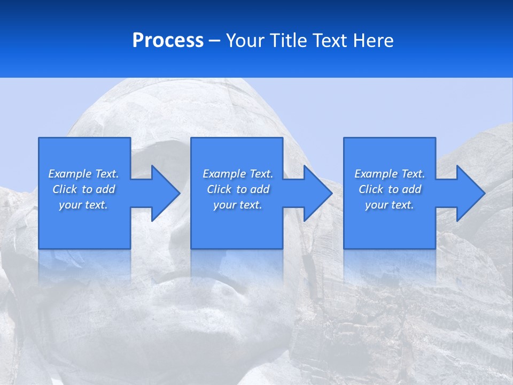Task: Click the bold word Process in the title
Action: (x=168, y=41)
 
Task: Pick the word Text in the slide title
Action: (x=330, y=41)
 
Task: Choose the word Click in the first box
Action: (x=65, y=189)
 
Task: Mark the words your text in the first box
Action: (x=83, y=205)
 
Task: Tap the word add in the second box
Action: (x=260, y=189)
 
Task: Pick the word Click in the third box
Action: (x=371, y=189)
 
